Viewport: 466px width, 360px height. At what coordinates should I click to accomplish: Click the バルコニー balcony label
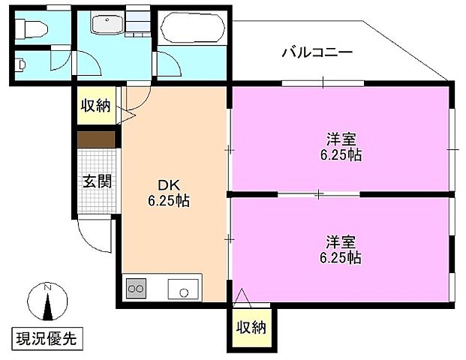(317, 52)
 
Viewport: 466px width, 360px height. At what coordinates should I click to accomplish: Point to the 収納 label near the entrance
(96, 106)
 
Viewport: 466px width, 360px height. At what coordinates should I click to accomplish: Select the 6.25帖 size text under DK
(167, 201)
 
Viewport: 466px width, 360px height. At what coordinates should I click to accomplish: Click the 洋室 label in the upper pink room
(341, 139)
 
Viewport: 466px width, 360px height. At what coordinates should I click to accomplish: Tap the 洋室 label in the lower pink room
(341, 241)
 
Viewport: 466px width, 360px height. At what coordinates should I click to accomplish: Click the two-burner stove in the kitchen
(136, 288)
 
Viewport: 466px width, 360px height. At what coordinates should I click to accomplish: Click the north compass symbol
(47, 304)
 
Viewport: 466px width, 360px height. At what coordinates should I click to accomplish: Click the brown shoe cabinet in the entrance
(97, 139)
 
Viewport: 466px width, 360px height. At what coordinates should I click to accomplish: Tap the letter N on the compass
(47, 287)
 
